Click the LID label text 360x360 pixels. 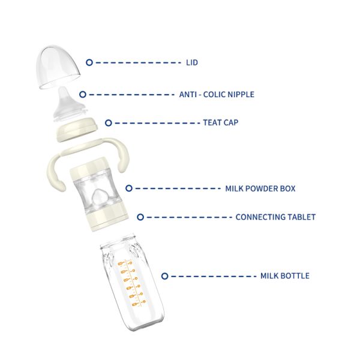pos(192,62)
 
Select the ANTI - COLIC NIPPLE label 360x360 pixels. pos(217,94)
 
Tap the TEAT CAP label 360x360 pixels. pos(221,122)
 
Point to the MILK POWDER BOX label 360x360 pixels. pos(260,188)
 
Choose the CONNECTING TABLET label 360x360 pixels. pos(275,217)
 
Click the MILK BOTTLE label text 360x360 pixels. pos(285,276)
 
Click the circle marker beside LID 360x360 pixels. pos(89,62)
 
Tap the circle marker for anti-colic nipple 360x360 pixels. pos(83,94)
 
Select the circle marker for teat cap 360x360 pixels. pos(109,123)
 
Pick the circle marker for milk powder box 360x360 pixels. pos(129,188)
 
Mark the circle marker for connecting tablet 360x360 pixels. pos(140,217)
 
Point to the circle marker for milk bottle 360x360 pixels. pos(164,276)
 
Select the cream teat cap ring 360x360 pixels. pos(77,130)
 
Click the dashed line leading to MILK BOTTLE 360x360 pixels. pos(214,276)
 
